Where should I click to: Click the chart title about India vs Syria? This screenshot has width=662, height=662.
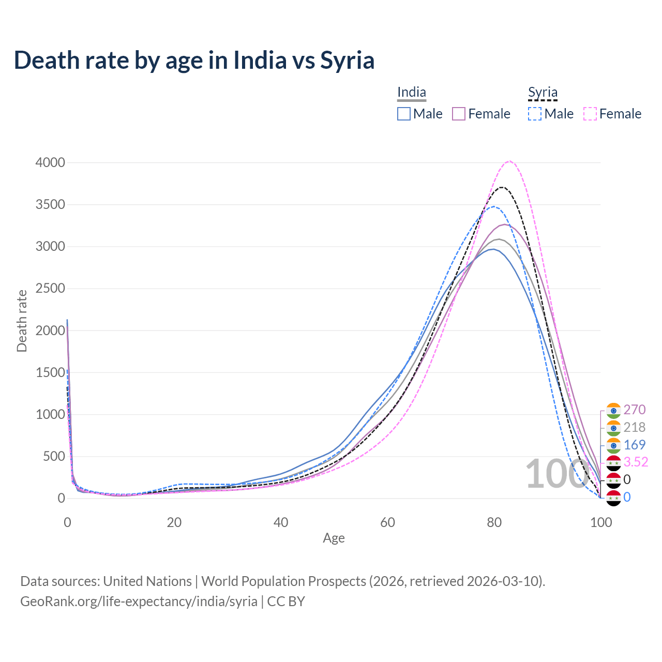(x=194, y=60)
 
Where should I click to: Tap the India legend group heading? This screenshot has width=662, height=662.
(x=412, y=93)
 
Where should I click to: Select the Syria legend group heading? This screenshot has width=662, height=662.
(x=543, y=93)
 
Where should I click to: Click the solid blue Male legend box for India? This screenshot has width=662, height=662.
(x=404, y=114)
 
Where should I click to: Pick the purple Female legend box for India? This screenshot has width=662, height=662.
(x=459, y=114)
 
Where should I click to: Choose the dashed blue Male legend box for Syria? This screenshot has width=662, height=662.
(x=535, y=114)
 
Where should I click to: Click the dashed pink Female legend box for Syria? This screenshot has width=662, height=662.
(x=590, y=114)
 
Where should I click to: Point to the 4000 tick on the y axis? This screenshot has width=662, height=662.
(x=50, y=163)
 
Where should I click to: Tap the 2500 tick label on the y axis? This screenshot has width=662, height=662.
(x=50, y=289)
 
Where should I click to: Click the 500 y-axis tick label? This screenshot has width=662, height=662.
(x=54, y=457)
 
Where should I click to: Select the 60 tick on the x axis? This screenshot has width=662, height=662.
(x=387, y=522)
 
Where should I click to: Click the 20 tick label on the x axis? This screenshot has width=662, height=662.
(x=174, y=522)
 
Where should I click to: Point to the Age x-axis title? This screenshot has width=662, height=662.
(x=334, y=538)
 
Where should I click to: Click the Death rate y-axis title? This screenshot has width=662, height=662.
(x=22, y=321)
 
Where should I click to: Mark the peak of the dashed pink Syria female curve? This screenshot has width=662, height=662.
(x=509, y=161)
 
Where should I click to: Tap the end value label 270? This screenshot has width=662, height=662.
(x=634, y=410)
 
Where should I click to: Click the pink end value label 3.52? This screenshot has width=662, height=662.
(x=636, y=462)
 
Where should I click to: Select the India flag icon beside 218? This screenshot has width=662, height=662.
(x=613, y=428)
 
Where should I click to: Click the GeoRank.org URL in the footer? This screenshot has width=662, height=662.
(x=139, y=601)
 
